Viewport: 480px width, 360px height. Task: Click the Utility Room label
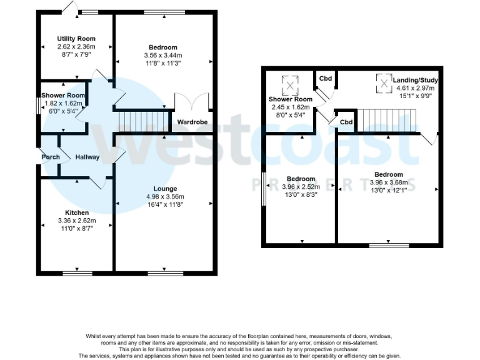(76, 39)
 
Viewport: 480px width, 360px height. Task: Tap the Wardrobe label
(192, 122)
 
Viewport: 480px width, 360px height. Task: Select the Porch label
(51, 157)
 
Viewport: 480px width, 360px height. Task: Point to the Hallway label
(87, 157)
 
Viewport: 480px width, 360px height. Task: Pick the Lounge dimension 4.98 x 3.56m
(165, 196)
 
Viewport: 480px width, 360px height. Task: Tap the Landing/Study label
(415, 81)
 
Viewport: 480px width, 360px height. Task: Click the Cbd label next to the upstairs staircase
(346, 122)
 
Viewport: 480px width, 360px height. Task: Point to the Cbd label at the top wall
(326, 79)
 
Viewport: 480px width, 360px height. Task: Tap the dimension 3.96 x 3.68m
(388, 182)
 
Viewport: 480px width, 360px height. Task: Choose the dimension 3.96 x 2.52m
(301, 186)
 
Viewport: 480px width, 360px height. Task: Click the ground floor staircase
(144, 120)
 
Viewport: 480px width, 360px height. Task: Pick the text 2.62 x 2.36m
(76, 47)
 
